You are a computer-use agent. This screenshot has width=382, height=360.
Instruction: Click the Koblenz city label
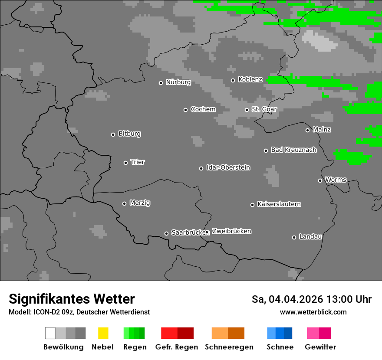(x=250, y=79)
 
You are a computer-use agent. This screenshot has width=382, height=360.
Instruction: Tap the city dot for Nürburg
(x=161, y=83)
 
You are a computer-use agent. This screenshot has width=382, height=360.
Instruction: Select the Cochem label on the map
(x=203, y=109)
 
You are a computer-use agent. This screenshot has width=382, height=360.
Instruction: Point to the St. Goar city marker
(x=247, y=110)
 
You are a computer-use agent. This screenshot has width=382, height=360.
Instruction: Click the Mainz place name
(x=322, y=130)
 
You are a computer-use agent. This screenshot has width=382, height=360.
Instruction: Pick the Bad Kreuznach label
(x=293, y=150)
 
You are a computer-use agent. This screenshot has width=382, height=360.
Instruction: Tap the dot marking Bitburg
(x=113, y=134)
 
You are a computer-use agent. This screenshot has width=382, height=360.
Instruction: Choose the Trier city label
(x=138, y=162)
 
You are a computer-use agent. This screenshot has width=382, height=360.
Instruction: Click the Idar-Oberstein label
(x=228, y=167)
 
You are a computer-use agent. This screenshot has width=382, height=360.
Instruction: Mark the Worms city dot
(x=320, y=180)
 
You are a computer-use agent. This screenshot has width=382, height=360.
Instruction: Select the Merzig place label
(x=140, y=203)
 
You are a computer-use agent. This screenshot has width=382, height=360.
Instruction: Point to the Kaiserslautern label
(x=279, y=204)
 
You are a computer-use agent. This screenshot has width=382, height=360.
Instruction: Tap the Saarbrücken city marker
(x=166, y=233)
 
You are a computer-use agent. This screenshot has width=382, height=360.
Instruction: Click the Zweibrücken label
(x=231, y=231)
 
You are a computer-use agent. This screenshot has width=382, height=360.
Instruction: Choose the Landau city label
(x=310, y=237)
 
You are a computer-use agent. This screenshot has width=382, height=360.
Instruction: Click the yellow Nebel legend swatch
(x=103, y=333)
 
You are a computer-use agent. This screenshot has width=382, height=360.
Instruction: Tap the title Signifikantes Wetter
(x=72, y=299)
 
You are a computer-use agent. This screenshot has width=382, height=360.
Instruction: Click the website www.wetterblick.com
(x=313, y=312)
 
